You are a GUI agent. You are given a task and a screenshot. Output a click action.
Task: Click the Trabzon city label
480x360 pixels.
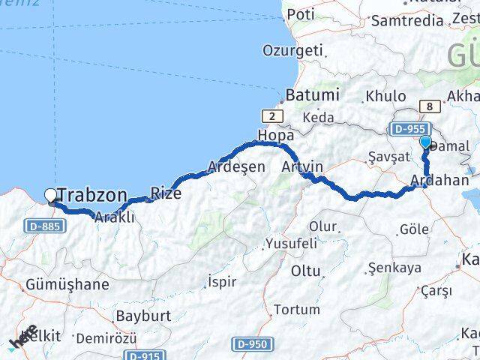[91, 196]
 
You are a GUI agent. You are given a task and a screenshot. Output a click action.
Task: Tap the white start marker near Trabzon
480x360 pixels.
[50, 196]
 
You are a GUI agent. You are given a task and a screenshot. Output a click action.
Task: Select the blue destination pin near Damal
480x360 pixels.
[425, 142]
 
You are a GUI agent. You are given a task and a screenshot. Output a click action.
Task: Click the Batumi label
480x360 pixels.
[312, 96]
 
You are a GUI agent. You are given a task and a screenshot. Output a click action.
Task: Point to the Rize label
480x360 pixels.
[166, 193]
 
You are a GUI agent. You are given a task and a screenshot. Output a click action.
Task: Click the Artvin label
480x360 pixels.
[302, 166]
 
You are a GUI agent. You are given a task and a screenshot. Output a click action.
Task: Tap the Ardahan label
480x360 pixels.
[441, 181]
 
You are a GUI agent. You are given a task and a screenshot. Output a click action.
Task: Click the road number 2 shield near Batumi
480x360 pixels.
[272, 115]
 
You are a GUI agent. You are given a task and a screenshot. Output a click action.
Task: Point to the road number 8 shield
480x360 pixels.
[428, 106]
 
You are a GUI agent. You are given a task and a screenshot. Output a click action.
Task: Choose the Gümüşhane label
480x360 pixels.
[67, 284]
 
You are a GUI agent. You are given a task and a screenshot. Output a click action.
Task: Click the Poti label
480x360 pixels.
[301, 14]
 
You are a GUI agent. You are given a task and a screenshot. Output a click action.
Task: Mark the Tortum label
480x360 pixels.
[296, 309]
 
